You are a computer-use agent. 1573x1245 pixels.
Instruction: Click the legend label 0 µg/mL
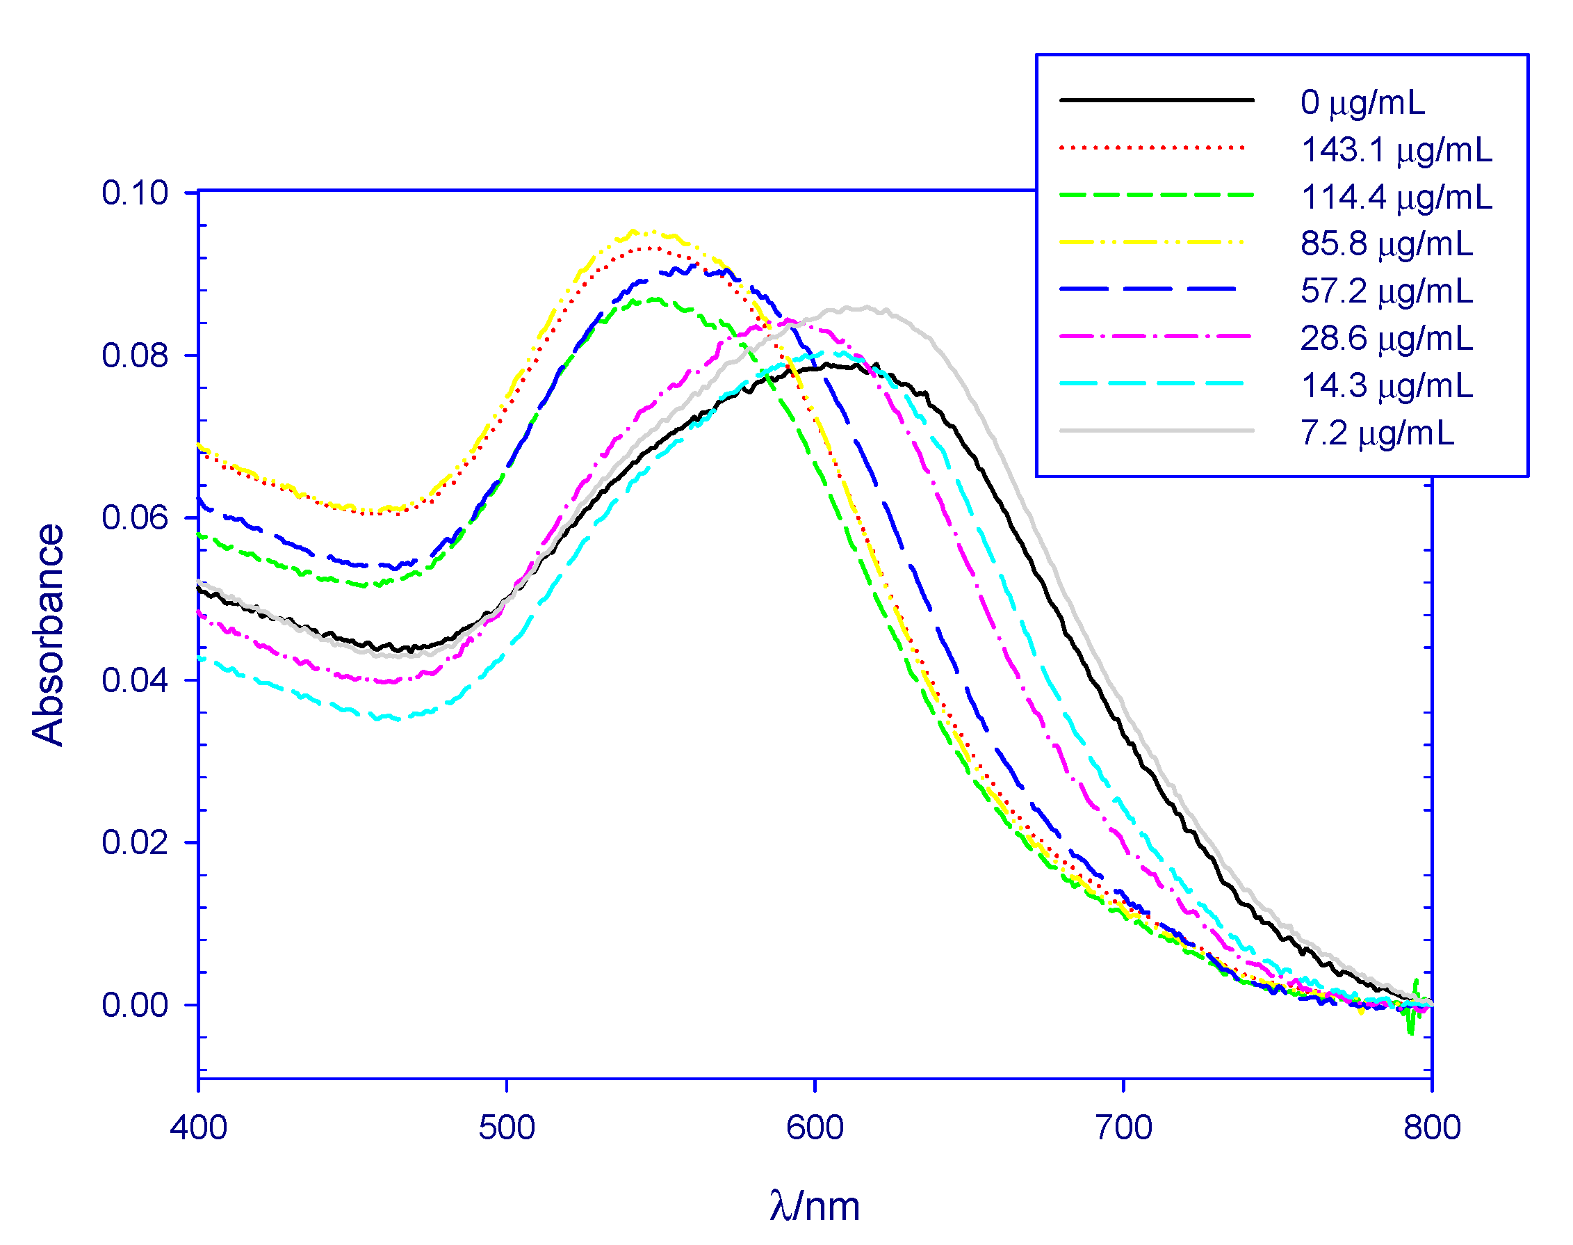[1362, 102]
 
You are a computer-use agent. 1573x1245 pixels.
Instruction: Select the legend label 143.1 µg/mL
[1396, 150]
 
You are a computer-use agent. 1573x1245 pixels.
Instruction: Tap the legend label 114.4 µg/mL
[1396, 197]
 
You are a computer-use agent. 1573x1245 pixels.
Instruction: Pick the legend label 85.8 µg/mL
[1386, 243]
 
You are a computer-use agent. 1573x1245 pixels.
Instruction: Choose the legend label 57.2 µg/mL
[1386, 291]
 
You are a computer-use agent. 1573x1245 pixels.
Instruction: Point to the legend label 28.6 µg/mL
[1386, 338]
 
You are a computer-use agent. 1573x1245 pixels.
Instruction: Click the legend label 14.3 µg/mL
[1386, 385]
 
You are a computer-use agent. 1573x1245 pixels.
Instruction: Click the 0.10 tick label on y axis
[135, 193]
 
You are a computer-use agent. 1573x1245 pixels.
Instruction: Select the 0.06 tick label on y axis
[135, 517]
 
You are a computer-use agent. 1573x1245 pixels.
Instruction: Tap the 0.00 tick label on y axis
[135, 1004]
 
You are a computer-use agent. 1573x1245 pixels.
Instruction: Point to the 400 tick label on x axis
[198, 1127]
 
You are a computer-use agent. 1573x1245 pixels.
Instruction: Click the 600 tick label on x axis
[815, 1127]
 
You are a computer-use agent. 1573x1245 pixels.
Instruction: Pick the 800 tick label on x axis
[1432, 1127]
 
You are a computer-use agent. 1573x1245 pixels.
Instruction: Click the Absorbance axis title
[48, 634]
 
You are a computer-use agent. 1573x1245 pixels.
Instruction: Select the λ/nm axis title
[815, 1205]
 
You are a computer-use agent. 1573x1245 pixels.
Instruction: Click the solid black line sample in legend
[1156, 100]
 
